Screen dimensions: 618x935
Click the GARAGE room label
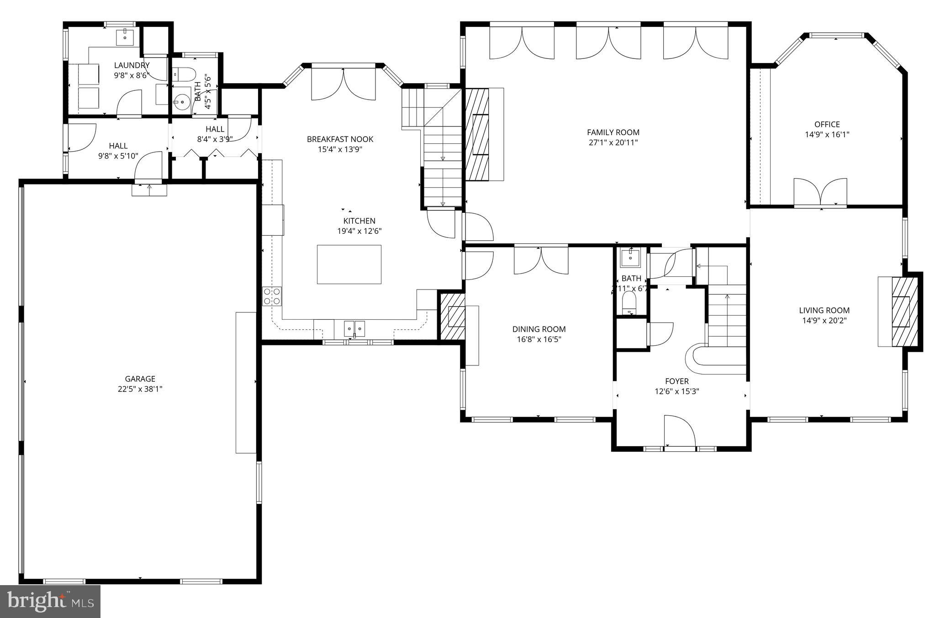(140, 379)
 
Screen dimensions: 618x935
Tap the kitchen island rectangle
(349, 264)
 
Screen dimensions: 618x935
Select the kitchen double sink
(354, 328)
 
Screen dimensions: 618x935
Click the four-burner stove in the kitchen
(272, 296)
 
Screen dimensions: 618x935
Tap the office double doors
(820, 193)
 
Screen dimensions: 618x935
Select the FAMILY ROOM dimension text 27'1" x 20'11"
(613, 143)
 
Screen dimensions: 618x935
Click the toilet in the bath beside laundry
(185, 73)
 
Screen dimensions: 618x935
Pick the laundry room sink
(124, 37)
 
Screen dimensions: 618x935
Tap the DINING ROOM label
(539, 329)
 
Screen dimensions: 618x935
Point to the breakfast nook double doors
(343, 84)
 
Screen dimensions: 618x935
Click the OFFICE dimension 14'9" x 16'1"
(827, 135)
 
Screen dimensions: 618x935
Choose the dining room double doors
(541, 261)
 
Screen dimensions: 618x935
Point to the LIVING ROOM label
(824, 310)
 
